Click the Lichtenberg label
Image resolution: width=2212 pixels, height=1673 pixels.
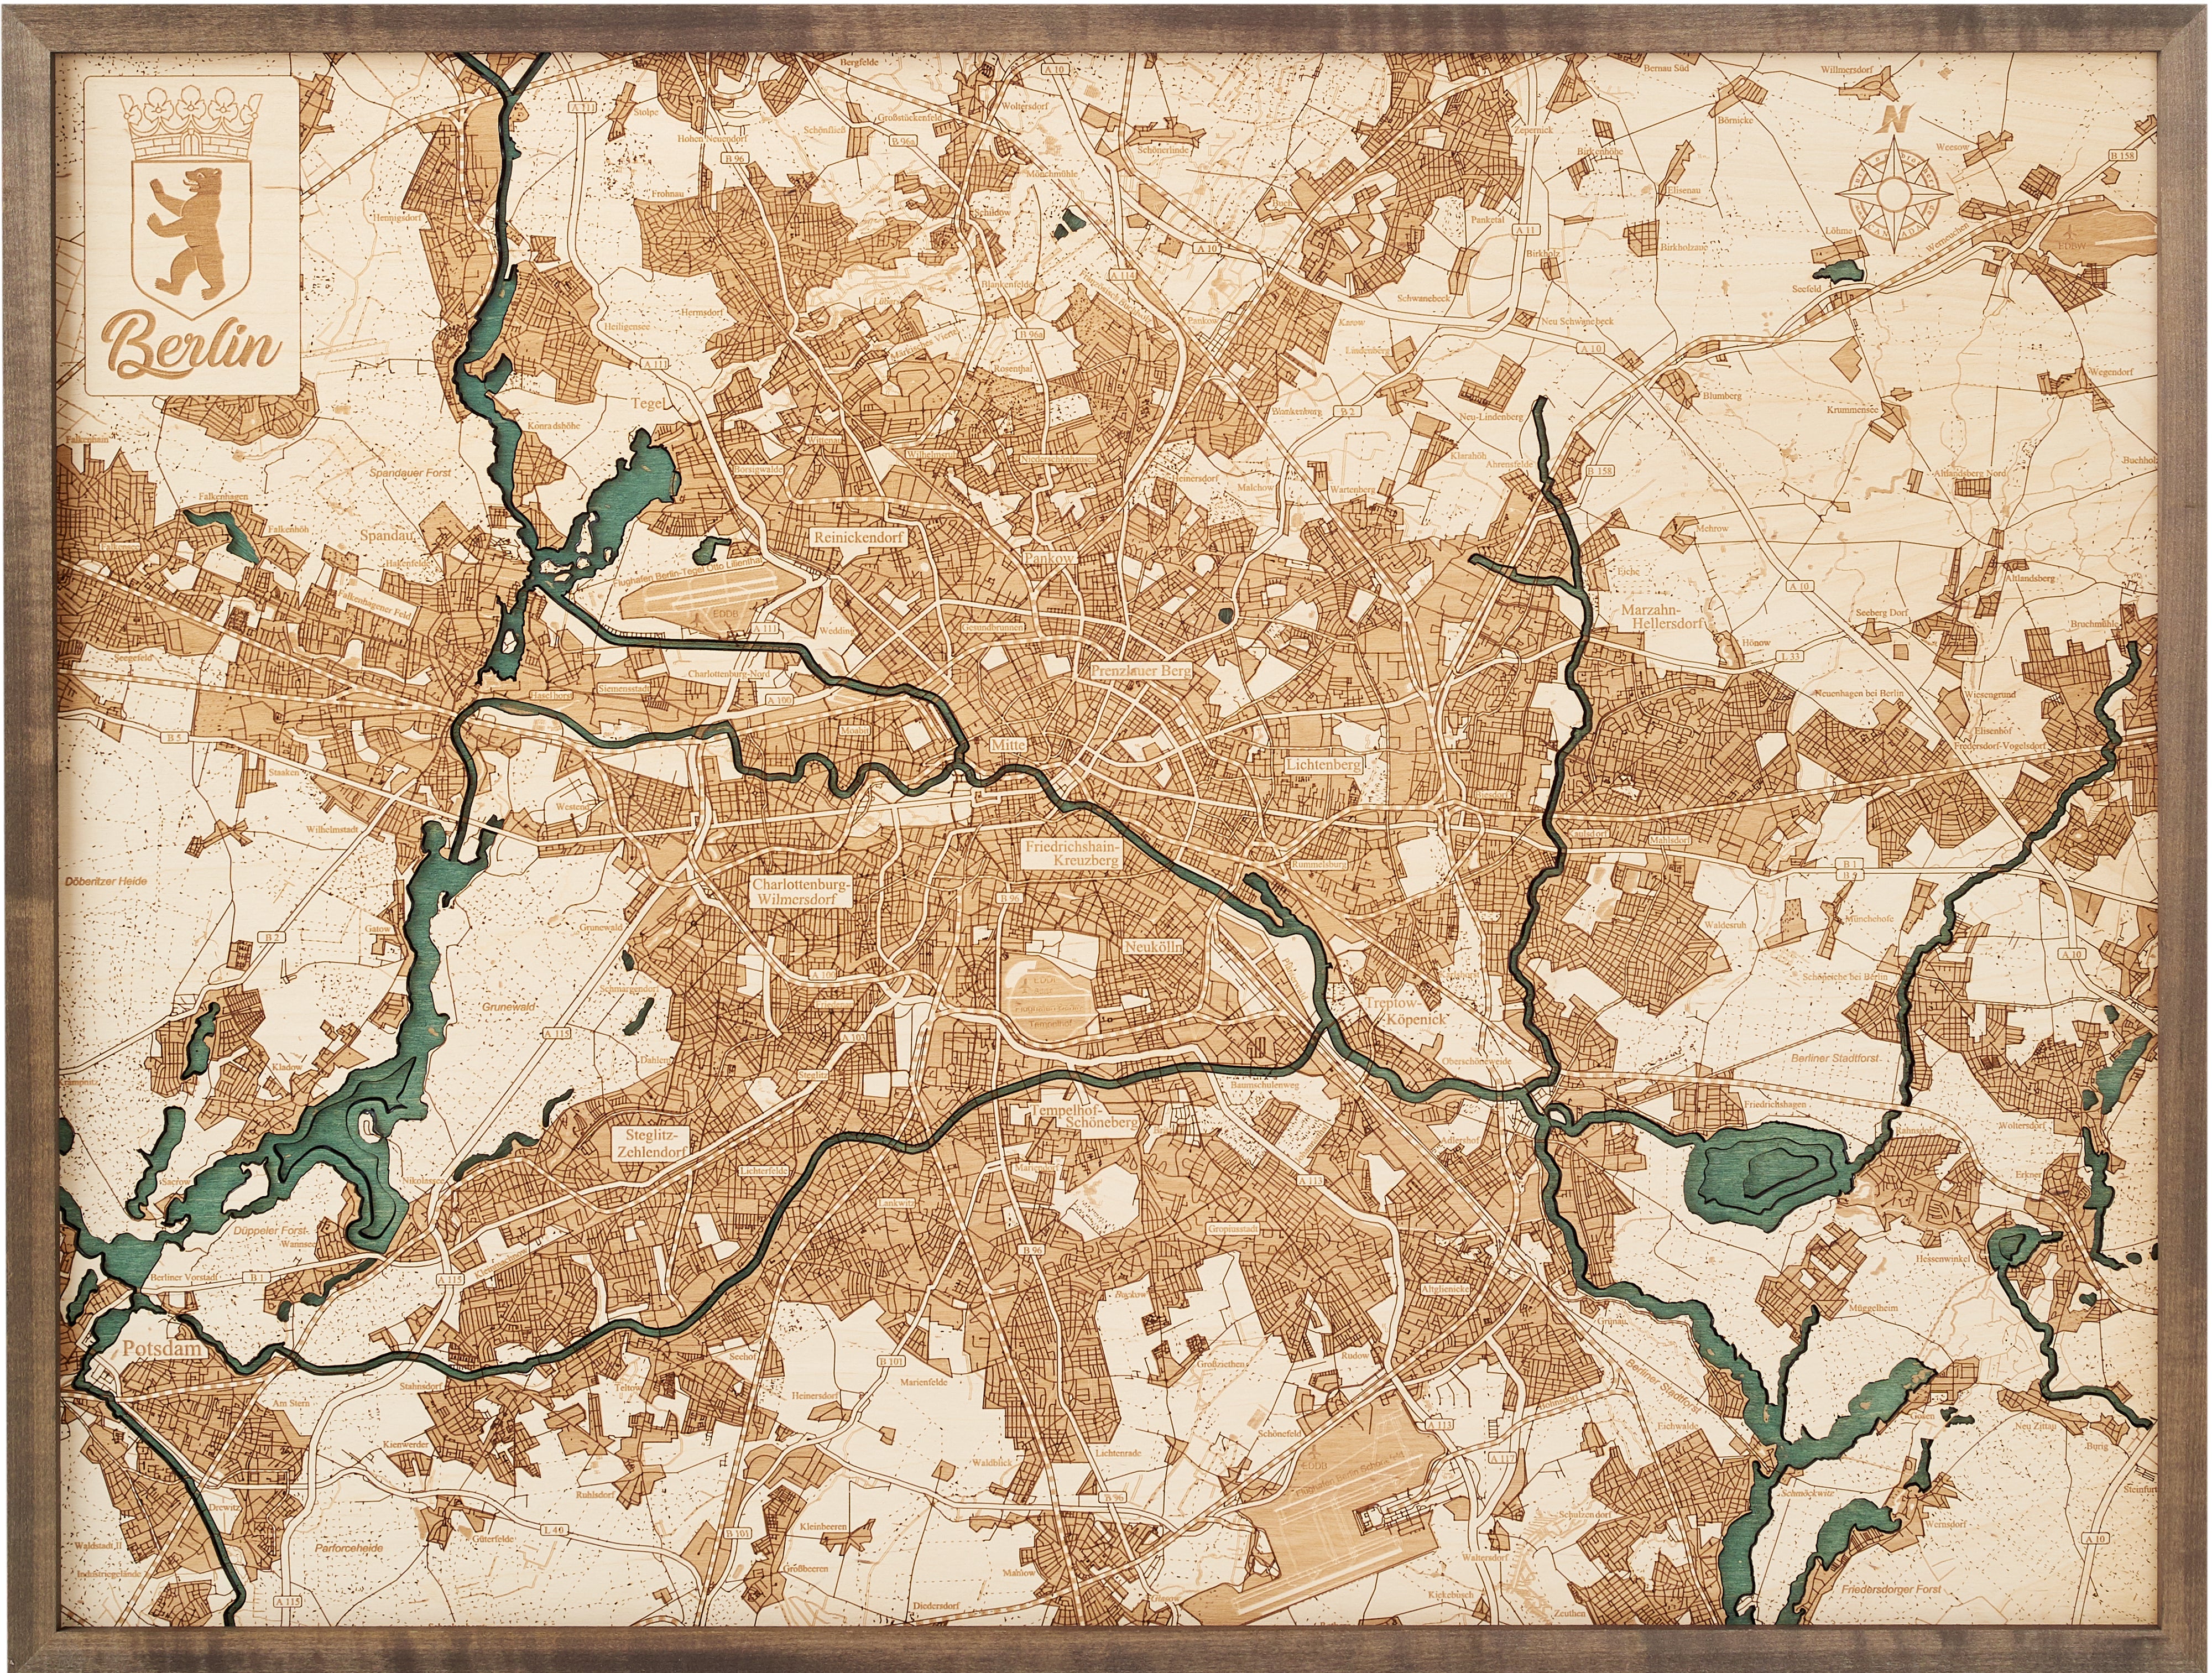click(x=1324, y=764)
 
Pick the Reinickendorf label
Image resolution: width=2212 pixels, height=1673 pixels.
click(x=859, y=537)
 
